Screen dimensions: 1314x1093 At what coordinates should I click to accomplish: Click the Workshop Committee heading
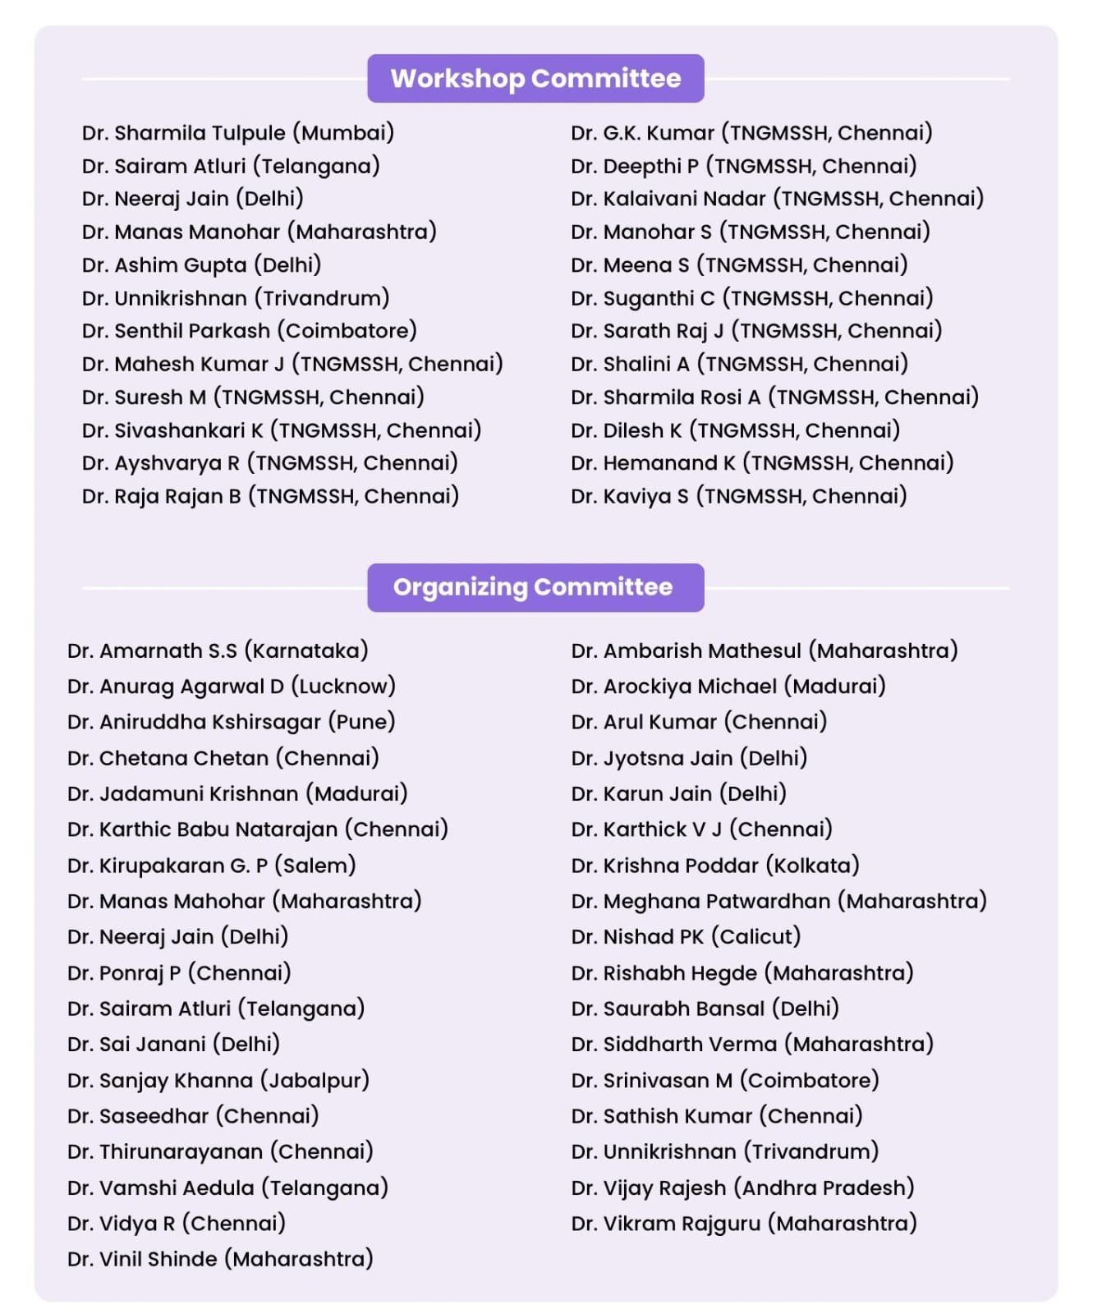(x=535, y=78)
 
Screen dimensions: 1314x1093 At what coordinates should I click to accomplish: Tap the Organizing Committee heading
(x=533, y=587)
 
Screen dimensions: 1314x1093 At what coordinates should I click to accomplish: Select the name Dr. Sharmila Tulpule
(x=184, y=133)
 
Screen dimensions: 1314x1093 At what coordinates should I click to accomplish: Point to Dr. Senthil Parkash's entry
(x=249, y=331)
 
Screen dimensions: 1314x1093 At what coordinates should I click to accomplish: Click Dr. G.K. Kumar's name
(x=642, y=133)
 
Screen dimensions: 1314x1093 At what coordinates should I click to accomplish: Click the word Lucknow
(x=343, y=687)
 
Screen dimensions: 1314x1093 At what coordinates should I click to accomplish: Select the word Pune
(x=362, y=722)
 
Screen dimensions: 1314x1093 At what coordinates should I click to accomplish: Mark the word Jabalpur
(x=315, y=1080)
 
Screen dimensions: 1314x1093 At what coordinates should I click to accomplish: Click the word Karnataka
(x=306, y=651)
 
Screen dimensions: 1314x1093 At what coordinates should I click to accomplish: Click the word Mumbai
(x=343, y=133)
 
